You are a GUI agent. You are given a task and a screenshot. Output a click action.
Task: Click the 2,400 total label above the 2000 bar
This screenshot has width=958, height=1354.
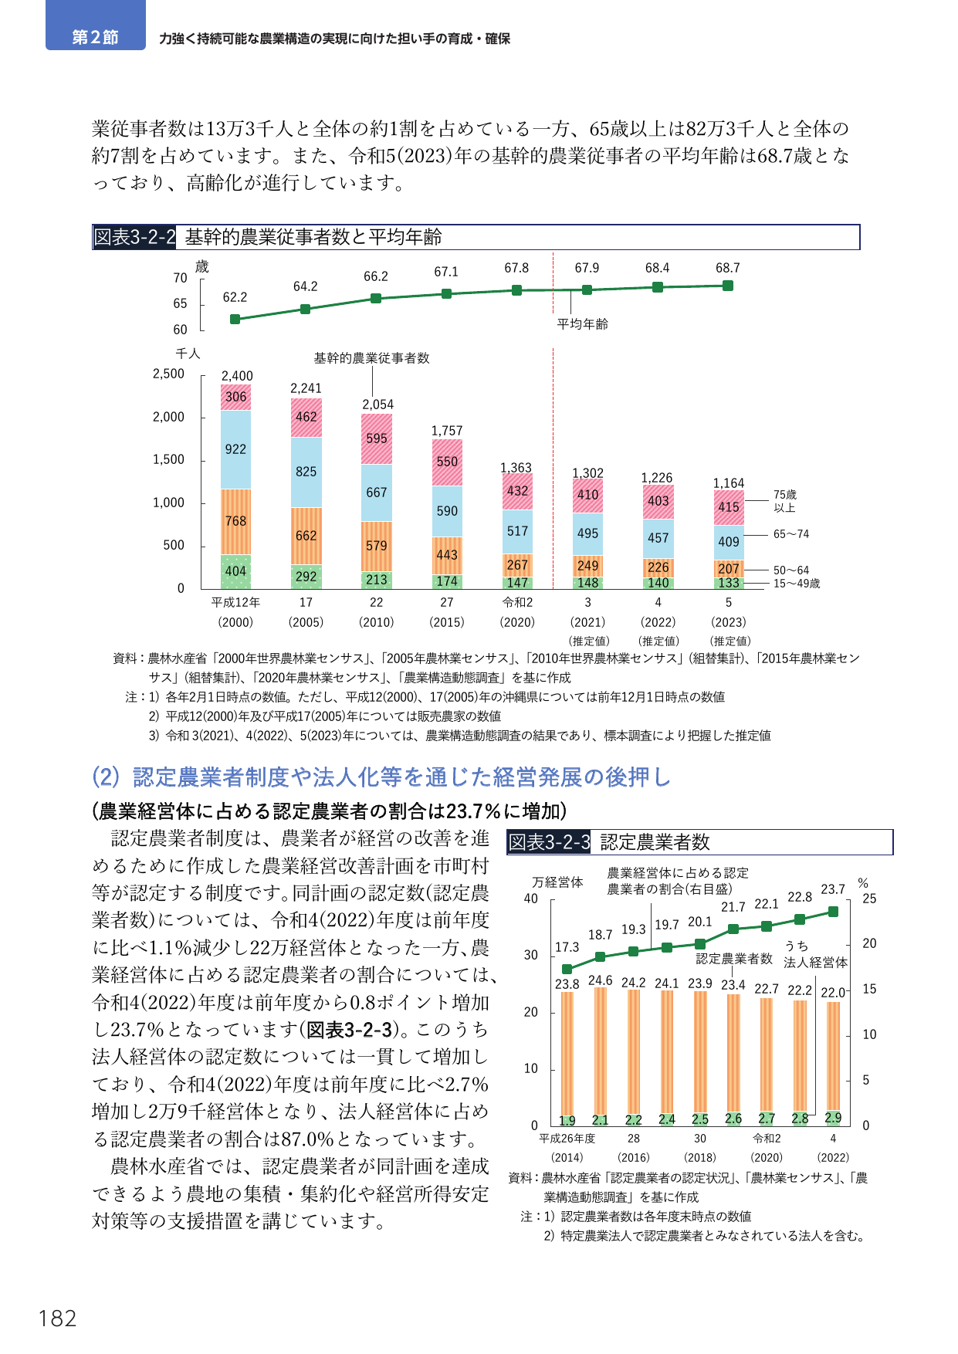pos(237,376)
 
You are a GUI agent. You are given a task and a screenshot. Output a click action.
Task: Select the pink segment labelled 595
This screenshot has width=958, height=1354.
pos(377,438)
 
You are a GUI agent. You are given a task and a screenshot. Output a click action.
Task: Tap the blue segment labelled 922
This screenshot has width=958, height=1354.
pos(235,449)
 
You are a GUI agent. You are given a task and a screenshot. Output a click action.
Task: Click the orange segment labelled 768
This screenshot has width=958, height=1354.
pos(235,522)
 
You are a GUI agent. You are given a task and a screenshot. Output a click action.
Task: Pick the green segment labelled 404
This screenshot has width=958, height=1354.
pos(235,571)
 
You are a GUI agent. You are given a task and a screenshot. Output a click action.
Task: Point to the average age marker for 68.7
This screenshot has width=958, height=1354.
pos(728,286)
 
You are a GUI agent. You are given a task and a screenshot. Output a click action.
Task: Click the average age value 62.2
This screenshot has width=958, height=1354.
pos(235,297)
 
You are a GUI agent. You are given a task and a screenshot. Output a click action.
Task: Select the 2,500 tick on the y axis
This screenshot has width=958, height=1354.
pos(168,374)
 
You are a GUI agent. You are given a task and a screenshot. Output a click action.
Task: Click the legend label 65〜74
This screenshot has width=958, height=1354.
pos(791,534)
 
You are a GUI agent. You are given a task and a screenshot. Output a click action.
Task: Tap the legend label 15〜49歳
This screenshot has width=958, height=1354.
pos(797,584)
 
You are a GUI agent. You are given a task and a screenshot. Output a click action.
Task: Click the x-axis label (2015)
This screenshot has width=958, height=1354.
pos(447,622)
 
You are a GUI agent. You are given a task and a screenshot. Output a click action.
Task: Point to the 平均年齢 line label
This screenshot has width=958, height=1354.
pos(583,324)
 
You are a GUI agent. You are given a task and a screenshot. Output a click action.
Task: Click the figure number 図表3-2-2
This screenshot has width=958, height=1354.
pos(135,237)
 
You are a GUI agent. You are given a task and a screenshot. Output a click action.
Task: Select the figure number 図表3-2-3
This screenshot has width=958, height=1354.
pos(549,842)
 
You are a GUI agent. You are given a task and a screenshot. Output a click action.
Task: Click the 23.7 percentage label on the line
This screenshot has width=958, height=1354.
pos(833,889)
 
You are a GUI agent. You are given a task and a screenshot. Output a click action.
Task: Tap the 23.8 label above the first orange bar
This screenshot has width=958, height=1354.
pos(567,984)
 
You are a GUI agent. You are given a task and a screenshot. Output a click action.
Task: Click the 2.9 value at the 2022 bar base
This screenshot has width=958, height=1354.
pos(833,1117)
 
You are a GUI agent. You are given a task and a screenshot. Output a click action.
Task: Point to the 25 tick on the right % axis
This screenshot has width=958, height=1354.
pos(869,899)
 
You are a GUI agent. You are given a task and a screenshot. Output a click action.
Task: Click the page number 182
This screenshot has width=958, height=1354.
pos(58,1318)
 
